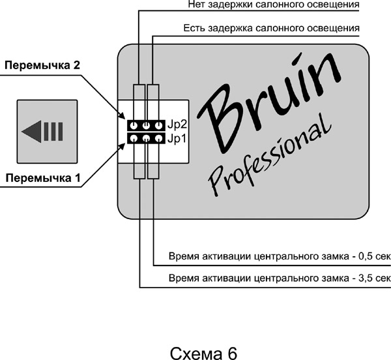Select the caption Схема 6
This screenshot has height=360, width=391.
pos(203,346)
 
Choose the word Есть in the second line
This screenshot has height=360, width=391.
pos(195,28)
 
